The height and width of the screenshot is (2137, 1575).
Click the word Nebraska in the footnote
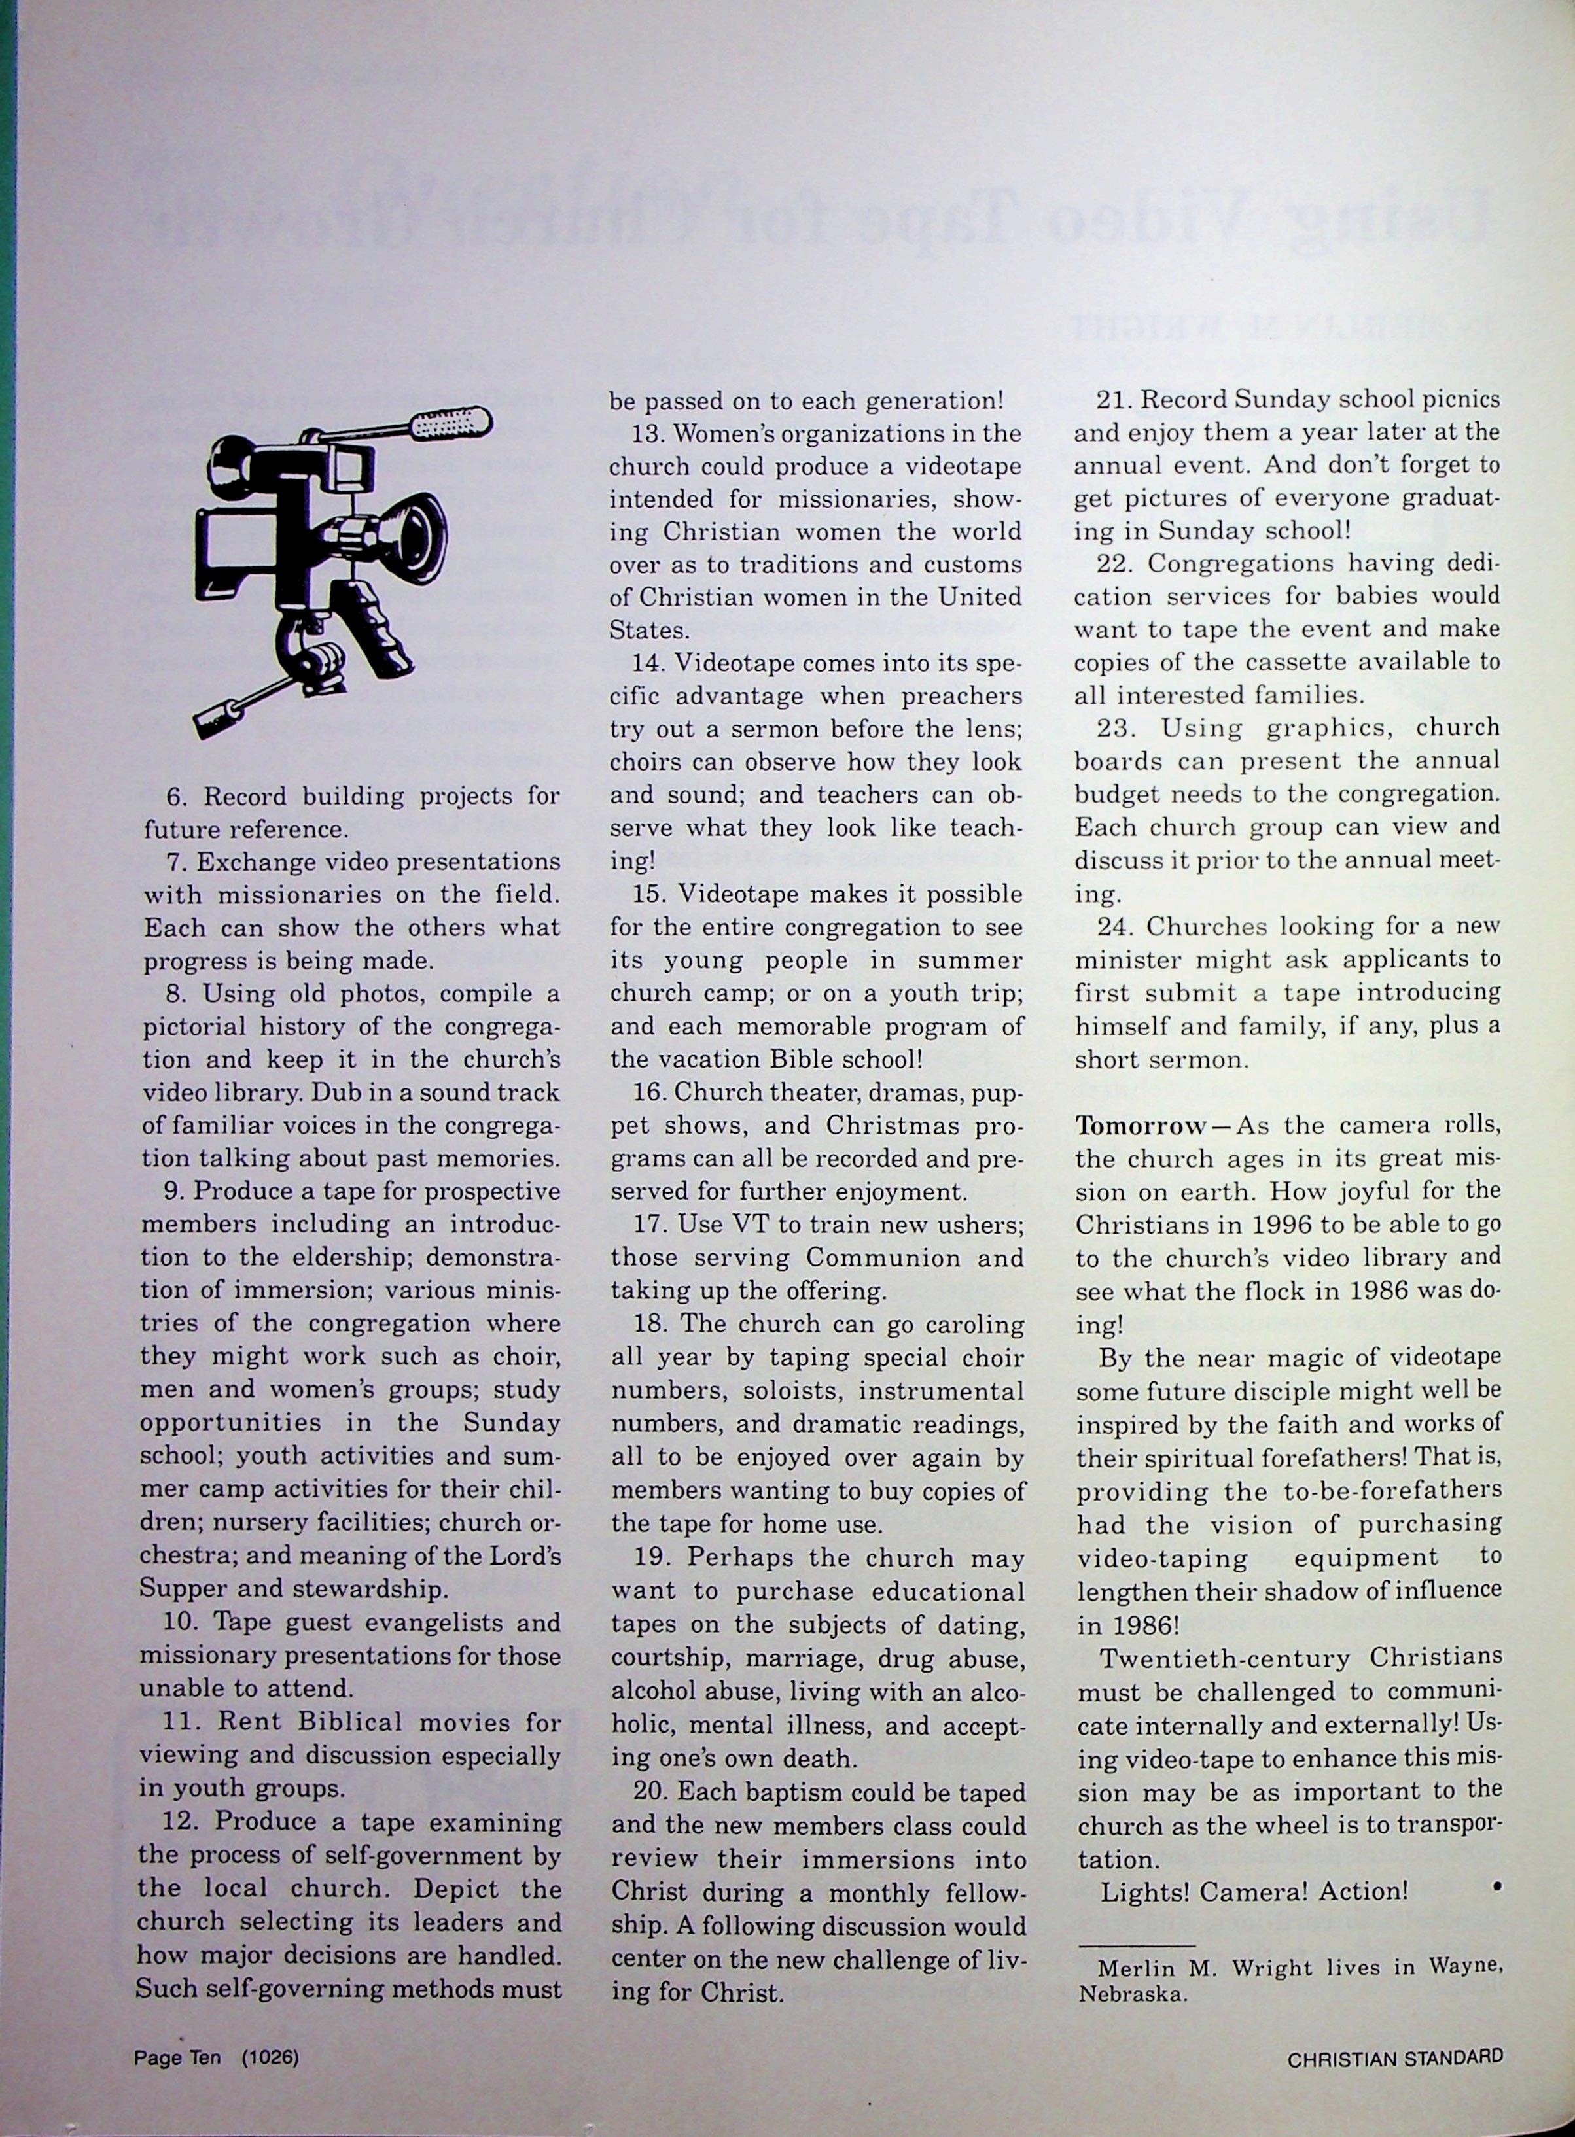[1133, 1994]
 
